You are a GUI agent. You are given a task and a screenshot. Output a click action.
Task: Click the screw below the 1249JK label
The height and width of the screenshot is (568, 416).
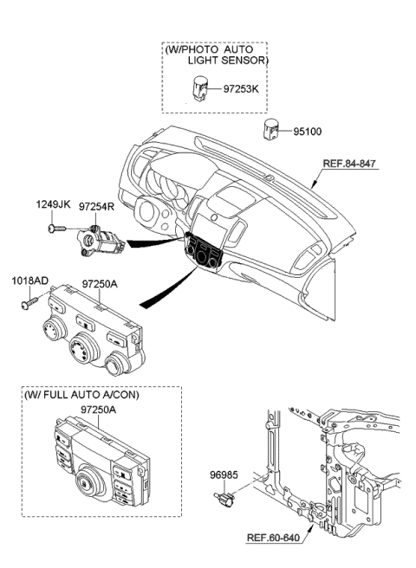(x=56, y=229)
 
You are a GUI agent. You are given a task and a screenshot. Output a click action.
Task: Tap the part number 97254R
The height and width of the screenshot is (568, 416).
(x=98, y=208)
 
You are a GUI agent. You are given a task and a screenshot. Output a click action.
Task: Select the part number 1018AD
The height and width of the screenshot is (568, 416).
(x=29, y=281)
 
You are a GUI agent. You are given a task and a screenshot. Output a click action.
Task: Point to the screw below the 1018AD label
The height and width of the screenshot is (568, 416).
(x=26, y=304)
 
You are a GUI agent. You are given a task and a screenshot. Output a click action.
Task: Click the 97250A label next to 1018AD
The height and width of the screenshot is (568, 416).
(x=101, y=283)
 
